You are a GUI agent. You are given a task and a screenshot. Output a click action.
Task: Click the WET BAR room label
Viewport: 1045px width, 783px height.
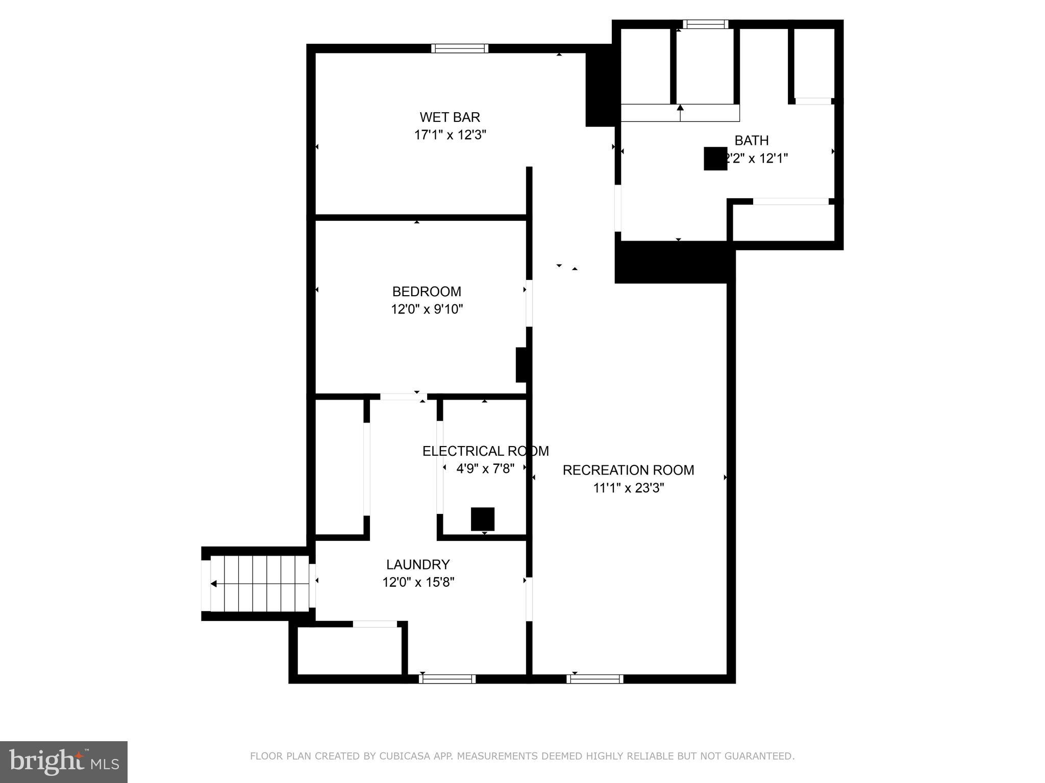tap(450, 117)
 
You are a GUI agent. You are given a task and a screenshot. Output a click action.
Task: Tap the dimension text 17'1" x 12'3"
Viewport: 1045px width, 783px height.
tap(450, 135)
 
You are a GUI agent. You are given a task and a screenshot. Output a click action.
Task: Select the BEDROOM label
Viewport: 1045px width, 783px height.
tap(427, 292)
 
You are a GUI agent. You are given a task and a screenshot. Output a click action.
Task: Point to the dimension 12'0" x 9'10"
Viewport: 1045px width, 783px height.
tap(427, 309)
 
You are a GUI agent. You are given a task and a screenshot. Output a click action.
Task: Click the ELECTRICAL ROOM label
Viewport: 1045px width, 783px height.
tap(485, 451)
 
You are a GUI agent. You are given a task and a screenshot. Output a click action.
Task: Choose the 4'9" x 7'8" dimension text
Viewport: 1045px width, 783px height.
tap(485, 468)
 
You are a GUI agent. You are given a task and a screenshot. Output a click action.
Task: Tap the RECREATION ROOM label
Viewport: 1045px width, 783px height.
tap(628, 470)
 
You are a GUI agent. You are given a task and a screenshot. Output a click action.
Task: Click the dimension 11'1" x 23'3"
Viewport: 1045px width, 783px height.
tap(628, 488)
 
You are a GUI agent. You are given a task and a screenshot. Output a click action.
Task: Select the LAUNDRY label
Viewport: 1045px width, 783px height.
tap(418, 564)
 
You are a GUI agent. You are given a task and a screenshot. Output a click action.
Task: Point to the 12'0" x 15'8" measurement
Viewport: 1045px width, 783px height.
tap(418, 582)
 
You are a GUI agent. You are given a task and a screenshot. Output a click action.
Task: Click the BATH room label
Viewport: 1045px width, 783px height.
tap(751, 140)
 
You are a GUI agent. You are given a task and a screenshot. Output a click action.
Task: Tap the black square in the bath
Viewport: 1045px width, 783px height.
tap(715, 159)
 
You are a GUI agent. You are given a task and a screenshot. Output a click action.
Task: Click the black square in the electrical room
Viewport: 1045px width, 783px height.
tap(482, 519)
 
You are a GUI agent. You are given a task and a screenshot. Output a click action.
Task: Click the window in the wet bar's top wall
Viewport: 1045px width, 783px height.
tap(459, 48)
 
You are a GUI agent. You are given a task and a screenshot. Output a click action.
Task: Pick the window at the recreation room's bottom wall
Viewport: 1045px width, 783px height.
tap(594, 679)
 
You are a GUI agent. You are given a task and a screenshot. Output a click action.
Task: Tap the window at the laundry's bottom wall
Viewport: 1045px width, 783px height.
tap(447, 679)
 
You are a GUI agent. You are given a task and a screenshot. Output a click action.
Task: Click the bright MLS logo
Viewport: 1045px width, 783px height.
tap(63, 762)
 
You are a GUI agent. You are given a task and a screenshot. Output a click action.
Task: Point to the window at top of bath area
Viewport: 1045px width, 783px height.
tap(705, 24)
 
